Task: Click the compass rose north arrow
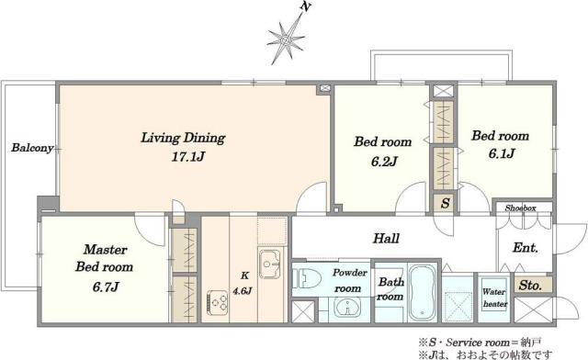click(287, 38)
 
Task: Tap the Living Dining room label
click(183, 138)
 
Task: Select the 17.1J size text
click(188, 156)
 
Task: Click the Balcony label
click(32, 148)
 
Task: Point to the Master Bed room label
click(104, 258)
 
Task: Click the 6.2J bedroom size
click(384, 162)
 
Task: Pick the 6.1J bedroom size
click(502, 153)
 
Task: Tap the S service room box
click(445, 203)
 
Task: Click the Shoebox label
click(521, 208)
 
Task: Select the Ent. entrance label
click(526, 248)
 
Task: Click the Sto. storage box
click(530, 286)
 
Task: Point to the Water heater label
click(495, 298)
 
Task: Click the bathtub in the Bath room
click(423, 292)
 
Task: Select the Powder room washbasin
click(347, 308)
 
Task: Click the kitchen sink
click(269, 264)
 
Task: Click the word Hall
click(386, 238)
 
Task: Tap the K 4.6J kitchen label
click(243, 284)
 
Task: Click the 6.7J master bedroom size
click(106, 287)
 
